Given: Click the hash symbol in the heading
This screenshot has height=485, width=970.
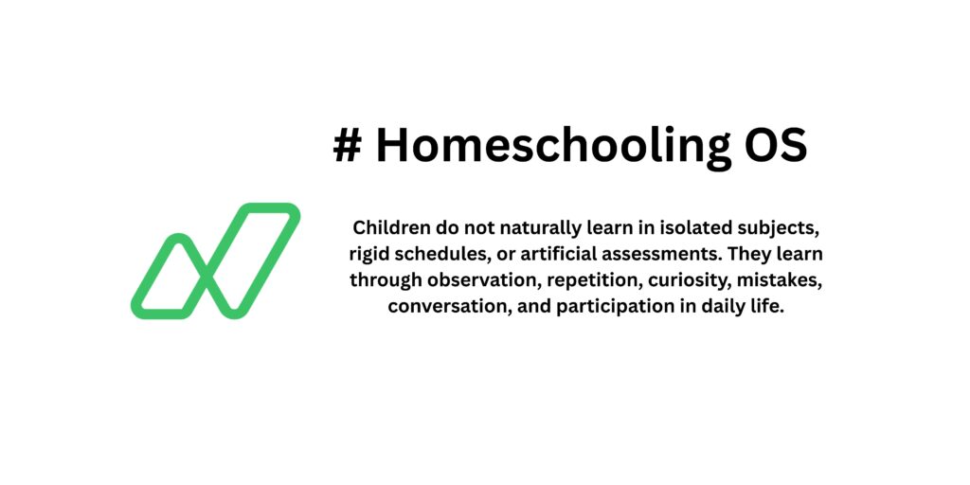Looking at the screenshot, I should tap(348, 147).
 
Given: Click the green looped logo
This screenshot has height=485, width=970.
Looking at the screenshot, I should tap(215, 260).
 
